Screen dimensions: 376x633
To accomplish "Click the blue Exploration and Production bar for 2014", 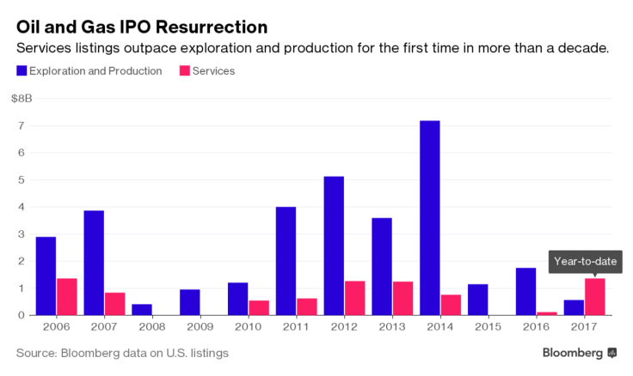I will pos(429,218).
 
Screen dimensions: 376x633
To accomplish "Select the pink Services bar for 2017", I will pos(595,297).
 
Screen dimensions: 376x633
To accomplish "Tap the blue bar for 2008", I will pos(142,310).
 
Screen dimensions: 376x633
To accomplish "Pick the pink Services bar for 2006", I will pos(67,297).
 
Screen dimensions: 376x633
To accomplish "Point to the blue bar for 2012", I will pos(334,246).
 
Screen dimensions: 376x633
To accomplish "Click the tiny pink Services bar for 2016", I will pos(547,313).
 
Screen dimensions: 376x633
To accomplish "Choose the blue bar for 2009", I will pos(190,302).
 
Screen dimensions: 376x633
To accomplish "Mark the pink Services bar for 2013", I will pos(403,299).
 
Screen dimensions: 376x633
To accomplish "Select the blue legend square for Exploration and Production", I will pos(21,71).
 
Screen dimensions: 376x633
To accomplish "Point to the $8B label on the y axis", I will pos(22,99).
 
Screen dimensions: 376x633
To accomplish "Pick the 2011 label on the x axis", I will pos(296,327).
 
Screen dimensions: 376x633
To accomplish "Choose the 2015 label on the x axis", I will pos(488,327).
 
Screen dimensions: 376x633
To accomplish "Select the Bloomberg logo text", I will pos(573,353).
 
